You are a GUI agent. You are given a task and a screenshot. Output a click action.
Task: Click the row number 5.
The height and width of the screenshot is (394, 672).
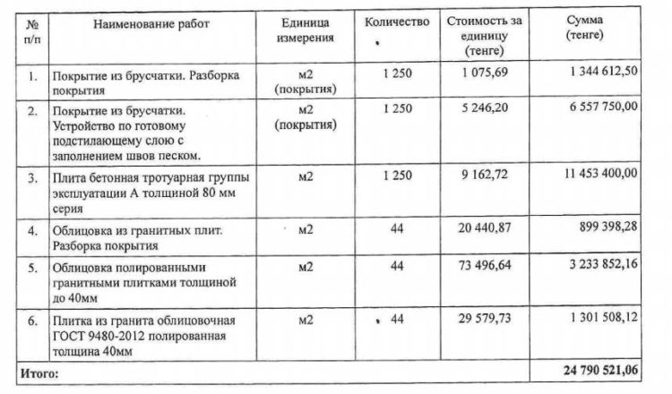(32, 268)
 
